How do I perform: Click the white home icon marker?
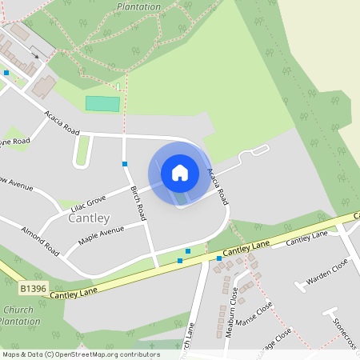pyautogui.click(x=179, y=172)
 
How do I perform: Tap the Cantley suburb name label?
pyautogui.click(x=89, y=218)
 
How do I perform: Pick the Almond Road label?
pyautogui.click(x=41, y=238)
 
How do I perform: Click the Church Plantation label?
pyautogui.click(x=18, y=315)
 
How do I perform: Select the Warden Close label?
pyautogui.click(x=327, y=274)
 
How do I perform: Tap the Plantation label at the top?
pyautogui.click(x=141, y=6)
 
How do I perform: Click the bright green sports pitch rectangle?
pyautogui.click(x=102, y=103)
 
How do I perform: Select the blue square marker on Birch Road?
pyautogui.click(x=125, y=163)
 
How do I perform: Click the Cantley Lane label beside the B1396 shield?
pyautogui.click(x=74, y=294)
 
